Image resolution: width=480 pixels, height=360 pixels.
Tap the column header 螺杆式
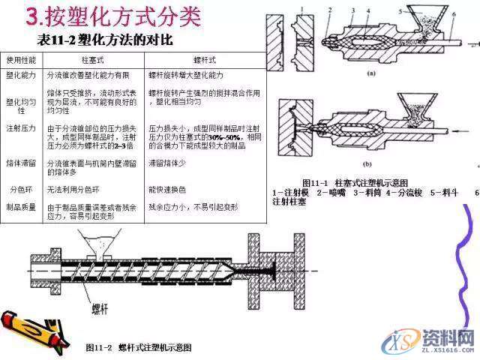coord(204,58)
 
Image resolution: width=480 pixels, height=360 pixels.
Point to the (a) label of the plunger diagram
coord(370,73)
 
